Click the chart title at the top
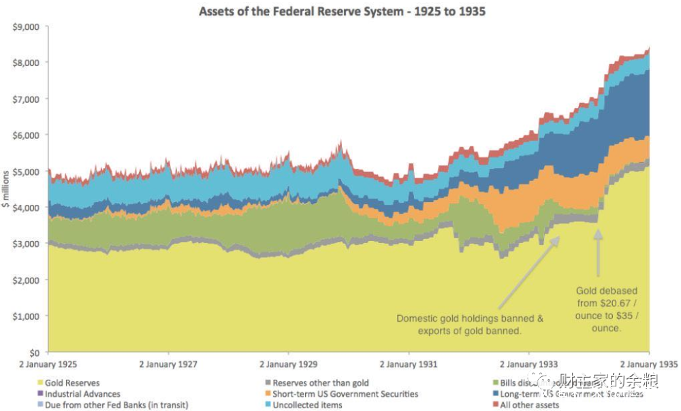tap(341, 12)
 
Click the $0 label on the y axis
tap(34, 352)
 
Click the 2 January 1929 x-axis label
tap(288, 365)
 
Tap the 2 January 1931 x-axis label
tap(409, 365)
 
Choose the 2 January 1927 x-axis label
tap(168, 365)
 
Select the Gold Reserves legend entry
tap(72, 383)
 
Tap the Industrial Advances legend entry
tap(82, 394)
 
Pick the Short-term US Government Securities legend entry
tap(345, 394)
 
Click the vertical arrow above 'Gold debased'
tap(599, 252)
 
